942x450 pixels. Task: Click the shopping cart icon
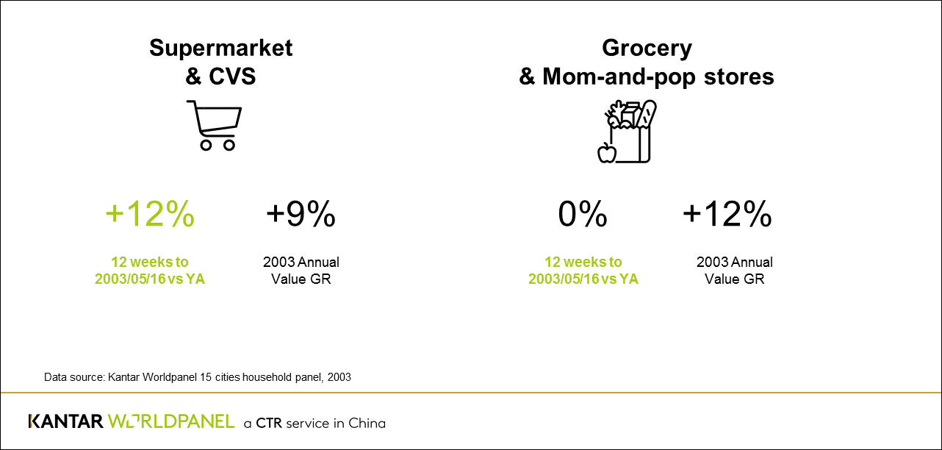coord(214,125)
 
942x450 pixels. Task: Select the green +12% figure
coord(150,214)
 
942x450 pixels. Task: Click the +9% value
coord(301,214)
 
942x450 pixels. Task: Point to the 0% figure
coord(583,214)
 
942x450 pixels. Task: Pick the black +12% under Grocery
coord(727,214)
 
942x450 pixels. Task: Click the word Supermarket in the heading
coord(220,49)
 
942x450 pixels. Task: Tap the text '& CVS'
coord(220,76)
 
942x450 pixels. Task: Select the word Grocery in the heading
coord(647,49)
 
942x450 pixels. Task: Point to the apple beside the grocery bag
coord(607,152)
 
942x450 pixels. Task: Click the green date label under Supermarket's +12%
coord(150,271)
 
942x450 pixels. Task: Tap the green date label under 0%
coord(583,271)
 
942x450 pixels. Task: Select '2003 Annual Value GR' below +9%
coord(301,271)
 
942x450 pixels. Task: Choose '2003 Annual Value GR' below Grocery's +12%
coord(734,271)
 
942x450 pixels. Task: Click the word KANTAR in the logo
coord(65,422)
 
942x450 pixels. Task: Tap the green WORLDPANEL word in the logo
coord(171,422)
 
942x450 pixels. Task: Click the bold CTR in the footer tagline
coord(269,423)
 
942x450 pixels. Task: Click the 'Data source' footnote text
coord(198,377)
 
